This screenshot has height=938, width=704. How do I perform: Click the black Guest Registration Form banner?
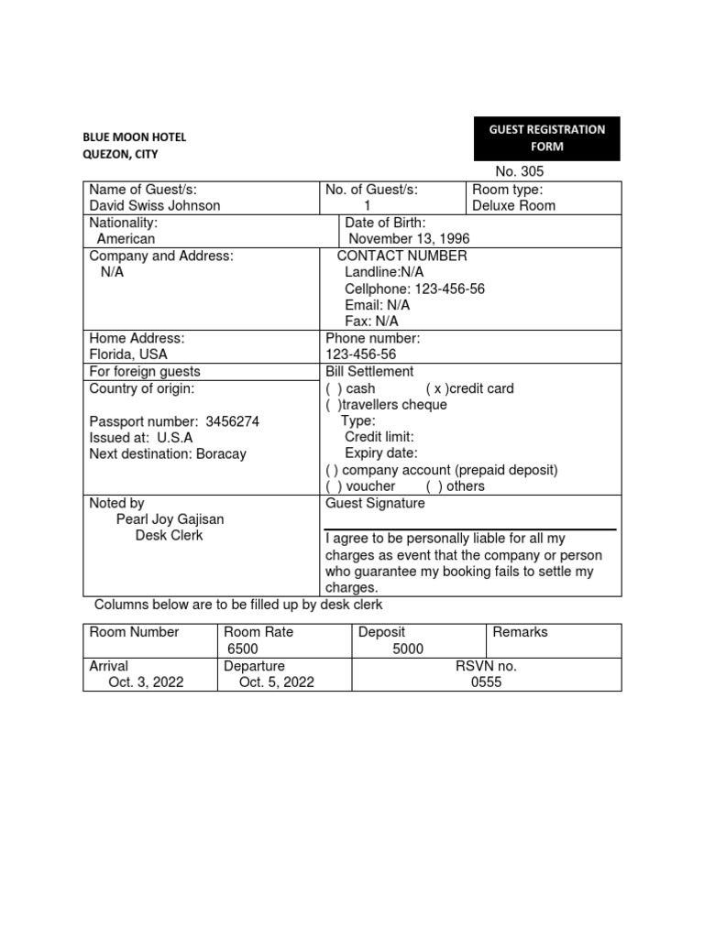tap(546, 138)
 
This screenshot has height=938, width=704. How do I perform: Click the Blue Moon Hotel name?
tap(134, 137)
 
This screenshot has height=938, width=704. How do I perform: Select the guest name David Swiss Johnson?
tap(154, 205)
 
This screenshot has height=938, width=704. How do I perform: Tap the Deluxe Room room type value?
tap(513, 205)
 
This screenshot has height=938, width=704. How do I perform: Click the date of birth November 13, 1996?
tap(407, 239)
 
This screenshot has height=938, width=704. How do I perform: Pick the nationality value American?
tap(126, 239)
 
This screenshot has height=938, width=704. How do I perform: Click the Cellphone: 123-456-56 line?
tap(414, 289)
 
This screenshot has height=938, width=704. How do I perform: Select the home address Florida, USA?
tap(128, 354)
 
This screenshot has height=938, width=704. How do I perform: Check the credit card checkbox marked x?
tap(434, 388)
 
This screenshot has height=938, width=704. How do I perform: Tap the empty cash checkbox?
tap(334, 388)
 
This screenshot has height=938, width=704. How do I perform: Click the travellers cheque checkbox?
tap(334, 405)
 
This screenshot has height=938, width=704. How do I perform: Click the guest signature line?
tap(470, 529)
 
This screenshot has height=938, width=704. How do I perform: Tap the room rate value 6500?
tap(243, 649)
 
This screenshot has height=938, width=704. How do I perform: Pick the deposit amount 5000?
tap(408, 649)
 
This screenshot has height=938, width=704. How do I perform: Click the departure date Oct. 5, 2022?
tap(276, 682)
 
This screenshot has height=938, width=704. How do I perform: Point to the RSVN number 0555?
tap(486, 682)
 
